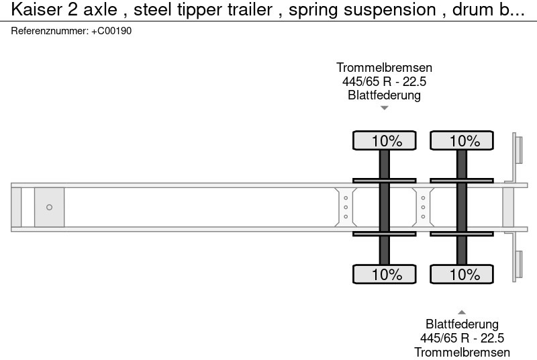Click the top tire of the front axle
[x=385, y=140]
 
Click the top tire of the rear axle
[x=462, y=140]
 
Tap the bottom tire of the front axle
[x=385, y=274]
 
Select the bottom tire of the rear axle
[x=462, y=274]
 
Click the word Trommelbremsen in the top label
[x=384, y=68]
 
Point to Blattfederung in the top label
[x=384, y=95]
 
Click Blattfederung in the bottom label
[x=462, y=324]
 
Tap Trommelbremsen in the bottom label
[x=462, y=352]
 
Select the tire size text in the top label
[x=384, y=81]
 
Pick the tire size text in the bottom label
[x=462, y=338]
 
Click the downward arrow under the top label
[x=384, y=107]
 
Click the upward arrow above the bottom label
[x=462, y=312]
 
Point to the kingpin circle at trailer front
[x=49, y=207]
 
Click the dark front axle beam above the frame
[x=385, y=164]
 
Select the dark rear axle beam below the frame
[x=462, y=249]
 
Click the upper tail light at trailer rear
[x=518, y=148]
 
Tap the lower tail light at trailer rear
[x=518, y=265]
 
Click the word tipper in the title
[x=183, y=10]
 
